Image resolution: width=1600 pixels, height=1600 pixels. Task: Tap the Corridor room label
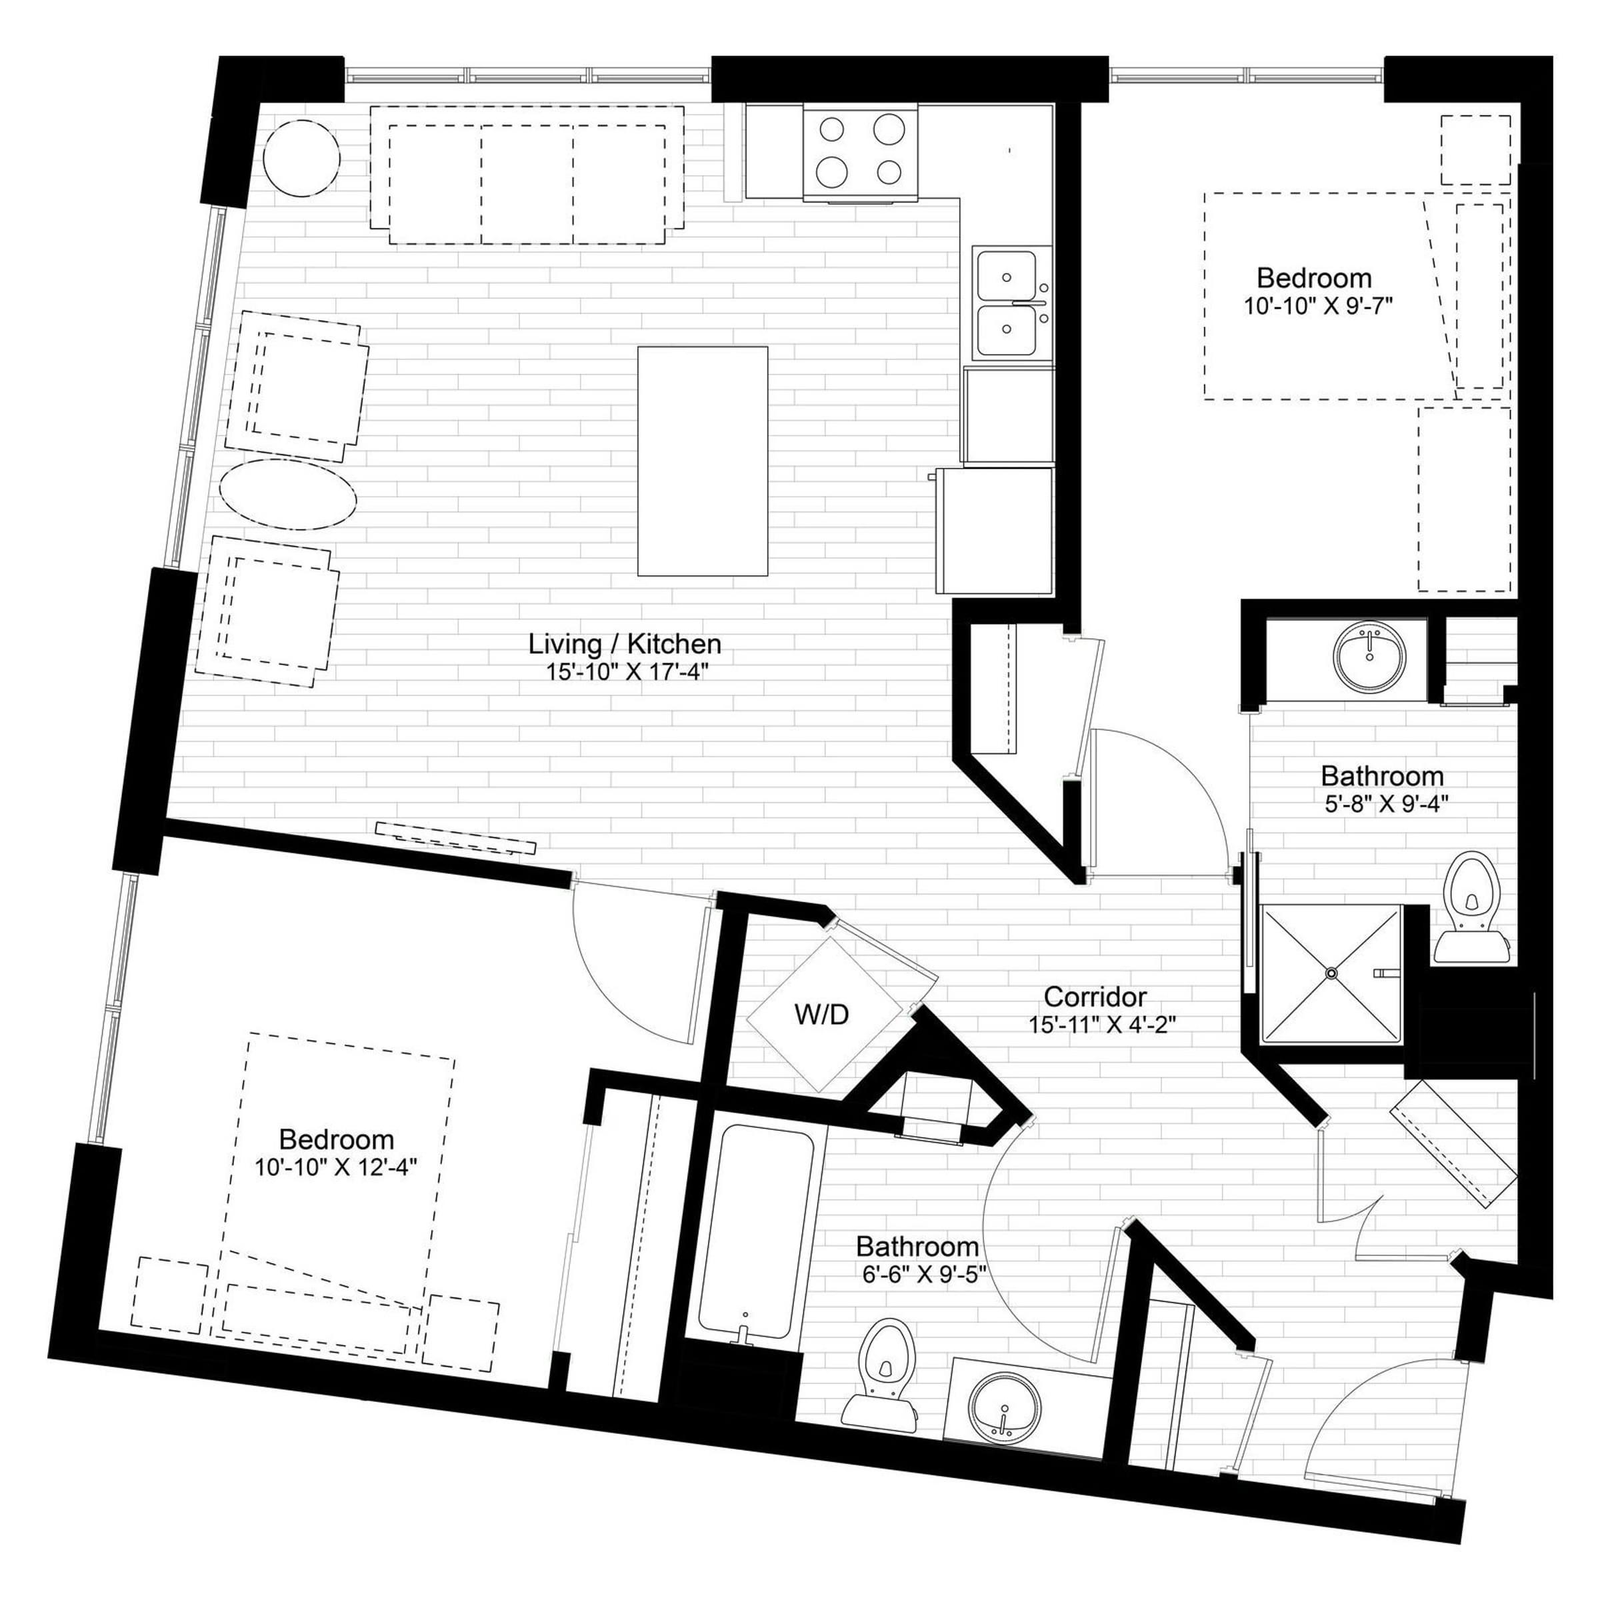[x=1095, y=996]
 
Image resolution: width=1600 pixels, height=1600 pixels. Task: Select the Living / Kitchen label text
[x=625, y=643]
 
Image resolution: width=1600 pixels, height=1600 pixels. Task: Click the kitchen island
[x=702, y=461]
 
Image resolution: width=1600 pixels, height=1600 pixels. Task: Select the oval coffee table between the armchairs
[x=287, y=495]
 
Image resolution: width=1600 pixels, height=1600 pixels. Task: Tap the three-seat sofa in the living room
[x=527, y=175]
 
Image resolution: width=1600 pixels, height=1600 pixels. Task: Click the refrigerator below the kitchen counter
[x=995, y=531]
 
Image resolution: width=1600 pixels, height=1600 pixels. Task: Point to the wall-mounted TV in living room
[x=455, y=837]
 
